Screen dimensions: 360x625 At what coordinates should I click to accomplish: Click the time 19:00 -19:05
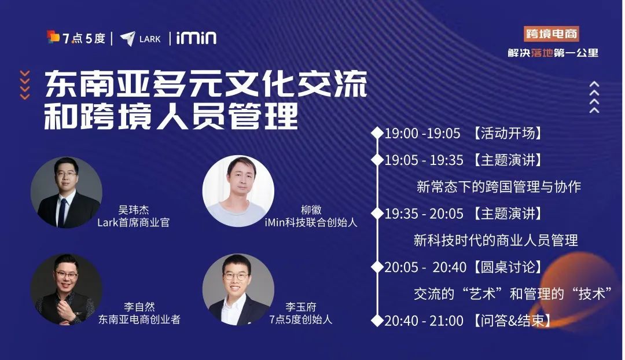[422, 133]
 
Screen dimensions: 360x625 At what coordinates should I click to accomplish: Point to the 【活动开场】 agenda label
[508, 133]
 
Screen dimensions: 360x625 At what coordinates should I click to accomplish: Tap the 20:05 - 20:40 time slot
[425, 267]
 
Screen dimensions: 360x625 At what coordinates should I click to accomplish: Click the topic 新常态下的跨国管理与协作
[498, 186]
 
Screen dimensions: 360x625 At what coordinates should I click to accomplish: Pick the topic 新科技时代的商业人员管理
[496, 240]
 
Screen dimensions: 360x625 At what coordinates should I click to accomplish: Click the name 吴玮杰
[134, 210]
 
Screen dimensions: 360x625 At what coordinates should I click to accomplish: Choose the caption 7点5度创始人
[301, 319]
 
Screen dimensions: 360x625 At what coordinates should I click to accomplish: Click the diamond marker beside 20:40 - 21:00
[377, 319]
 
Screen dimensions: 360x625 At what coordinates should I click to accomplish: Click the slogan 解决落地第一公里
[553, 53]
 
